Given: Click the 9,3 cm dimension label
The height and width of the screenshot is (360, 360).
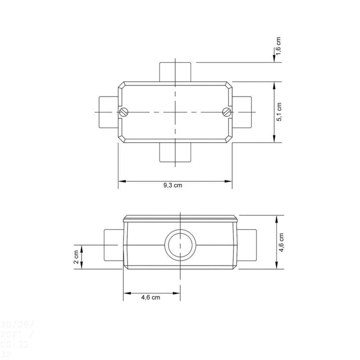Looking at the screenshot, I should coord(173,186).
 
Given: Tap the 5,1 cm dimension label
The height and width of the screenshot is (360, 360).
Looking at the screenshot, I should coord(279,112).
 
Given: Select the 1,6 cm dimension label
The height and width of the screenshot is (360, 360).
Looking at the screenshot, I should coord(278,46).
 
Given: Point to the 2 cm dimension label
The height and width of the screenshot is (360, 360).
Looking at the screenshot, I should coord(76,257).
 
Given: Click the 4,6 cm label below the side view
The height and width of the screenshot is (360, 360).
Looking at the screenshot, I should coord(150,297).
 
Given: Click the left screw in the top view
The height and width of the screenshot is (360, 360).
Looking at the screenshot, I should coord(123,112).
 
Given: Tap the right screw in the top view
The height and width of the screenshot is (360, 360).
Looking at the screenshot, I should coord(226,112).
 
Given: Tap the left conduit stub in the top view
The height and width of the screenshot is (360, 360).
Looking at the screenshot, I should coord(108,112).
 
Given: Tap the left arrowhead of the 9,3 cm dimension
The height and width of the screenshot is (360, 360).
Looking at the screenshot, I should coord(121,181).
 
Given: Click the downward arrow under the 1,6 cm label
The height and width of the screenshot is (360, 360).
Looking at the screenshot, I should coord(274,58).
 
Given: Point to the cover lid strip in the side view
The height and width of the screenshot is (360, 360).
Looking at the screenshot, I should coord(180,218).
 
